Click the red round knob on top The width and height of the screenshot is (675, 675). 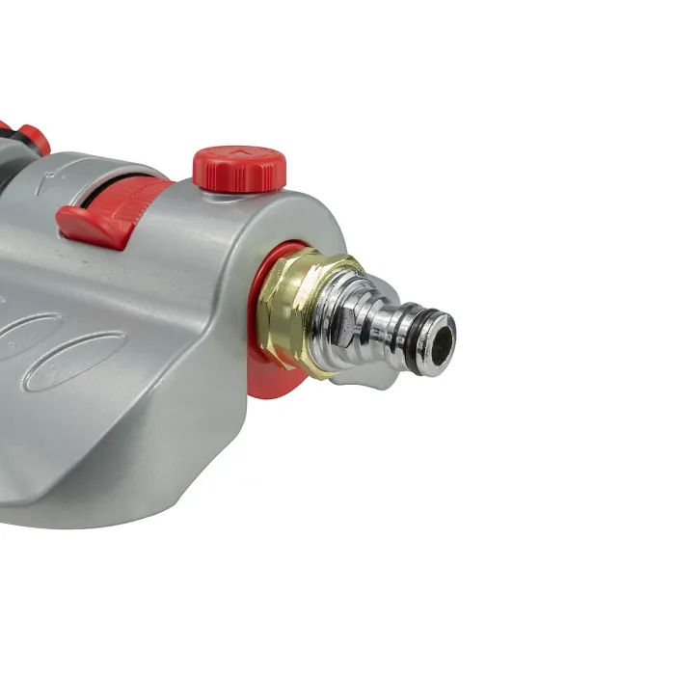tap(240, 167)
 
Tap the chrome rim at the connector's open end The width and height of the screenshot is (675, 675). tap(447, 328)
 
